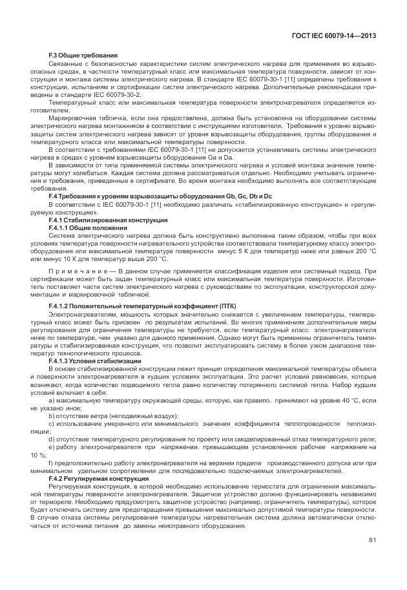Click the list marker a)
51,401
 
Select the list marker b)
51,416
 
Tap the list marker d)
51,438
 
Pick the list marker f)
50,464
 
